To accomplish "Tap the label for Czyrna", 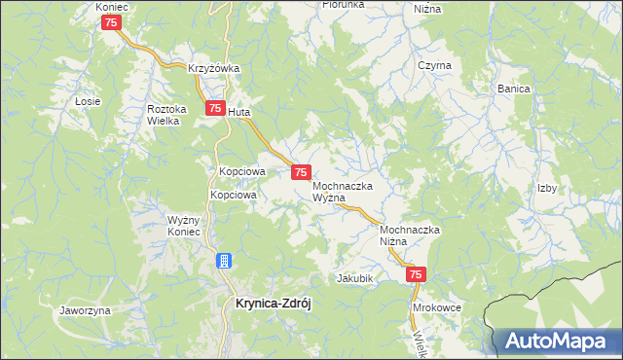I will click(x=434, y=65).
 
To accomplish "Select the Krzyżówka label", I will click(x=214, y=69).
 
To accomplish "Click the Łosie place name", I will click(x=88, y=101).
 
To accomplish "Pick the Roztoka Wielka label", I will click(x=165, y=115).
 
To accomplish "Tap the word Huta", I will click(x=239, y=112).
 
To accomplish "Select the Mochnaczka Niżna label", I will click(x=411, y=235).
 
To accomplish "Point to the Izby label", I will click(x=547, y=189).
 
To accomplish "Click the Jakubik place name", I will click(x=355, y=277).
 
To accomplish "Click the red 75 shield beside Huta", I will click(x=213, y=110).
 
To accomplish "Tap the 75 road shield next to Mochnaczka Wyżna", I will click(x=301, y=172).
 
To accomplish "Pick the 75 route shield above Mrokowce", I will click(x=417, y=276).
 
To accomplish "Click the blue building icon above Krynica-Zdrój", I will click(x=224, y=261).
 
